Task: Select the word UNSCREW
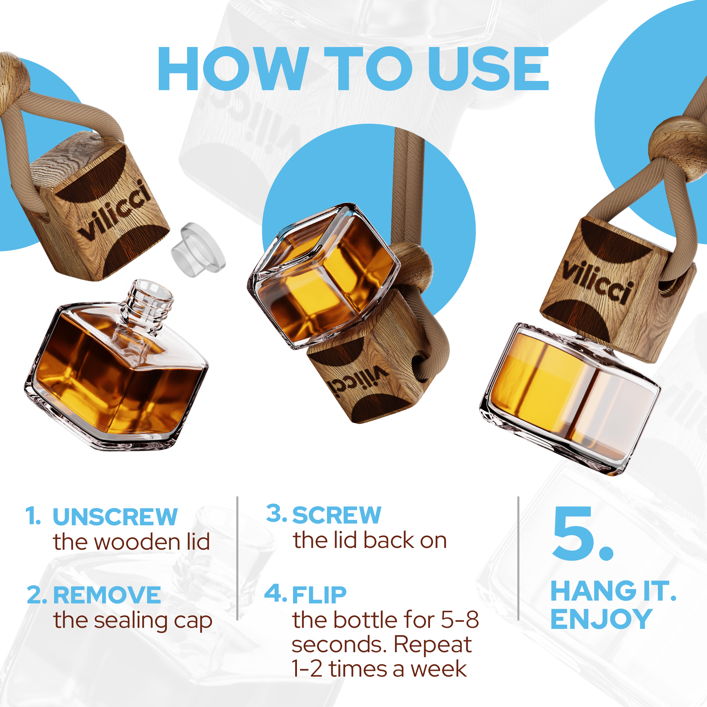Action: coord(115,517)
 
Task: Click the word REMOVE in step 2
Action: coord(107,595)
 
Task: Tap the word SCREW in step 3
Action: coord(337,515)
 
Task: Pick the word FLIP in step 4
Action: coord(319,595)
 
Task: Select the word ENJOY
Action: coord(601,620)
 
